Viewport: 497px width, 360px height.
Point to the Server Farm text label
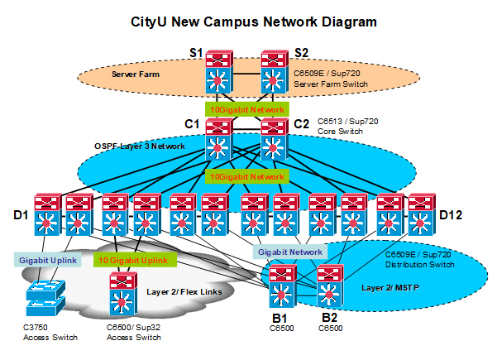pyautogui.click(x=134, y=74)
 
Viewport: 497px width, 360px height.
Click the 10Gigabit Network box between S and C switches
pyautogui.click(x=246, y=109)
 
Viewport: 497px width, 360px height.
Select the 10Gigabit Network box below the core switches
pyautogui.click(x=246, y=177)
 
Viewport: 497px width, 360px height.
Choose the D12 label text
pyautogui.click(x=450, y=216)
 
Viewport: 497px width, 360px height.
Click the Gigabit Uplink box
pyautogui.click(x=46, y=261)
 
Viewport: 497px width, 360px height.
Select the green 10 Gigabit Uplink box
pyautogui.click(x=134, y=261)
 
